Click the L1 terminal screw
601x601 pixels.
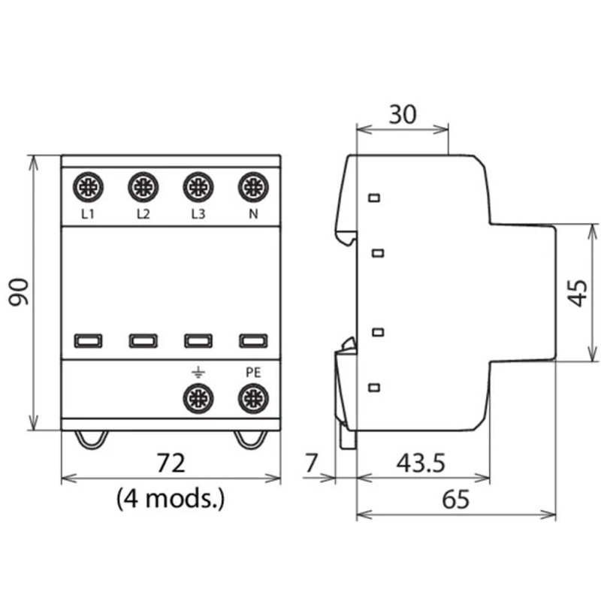click(88, 187)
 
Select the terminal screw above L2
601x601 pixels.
click(143, 187)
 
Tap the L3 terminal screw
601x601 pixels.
click(198, 187)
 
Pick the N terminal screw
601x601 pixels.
click(253, 187)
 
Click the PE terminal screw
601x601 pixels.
click(253, 397)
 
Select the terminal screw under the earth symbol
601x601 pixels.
click(198, 397)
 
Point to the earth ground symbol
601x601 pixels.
click(198, 372)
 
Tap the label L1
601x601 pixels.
click(88, 214)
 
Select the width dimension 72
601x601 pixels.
click(171, 462)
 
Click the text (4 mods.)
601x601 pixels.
click(171, 497)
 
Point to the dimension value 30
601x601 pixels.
click(403, 114)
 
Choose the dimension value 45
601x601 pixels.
click(576, 291)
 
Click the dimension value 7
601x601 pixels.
click(313, 463)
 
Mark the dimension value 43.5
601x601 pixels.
click(420, 463)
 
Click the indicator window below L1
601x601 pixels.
click(88, 341)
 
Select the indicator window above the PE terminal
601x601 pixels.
click(253, 341)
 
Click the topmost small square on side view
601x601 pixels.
click(375, 198)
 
